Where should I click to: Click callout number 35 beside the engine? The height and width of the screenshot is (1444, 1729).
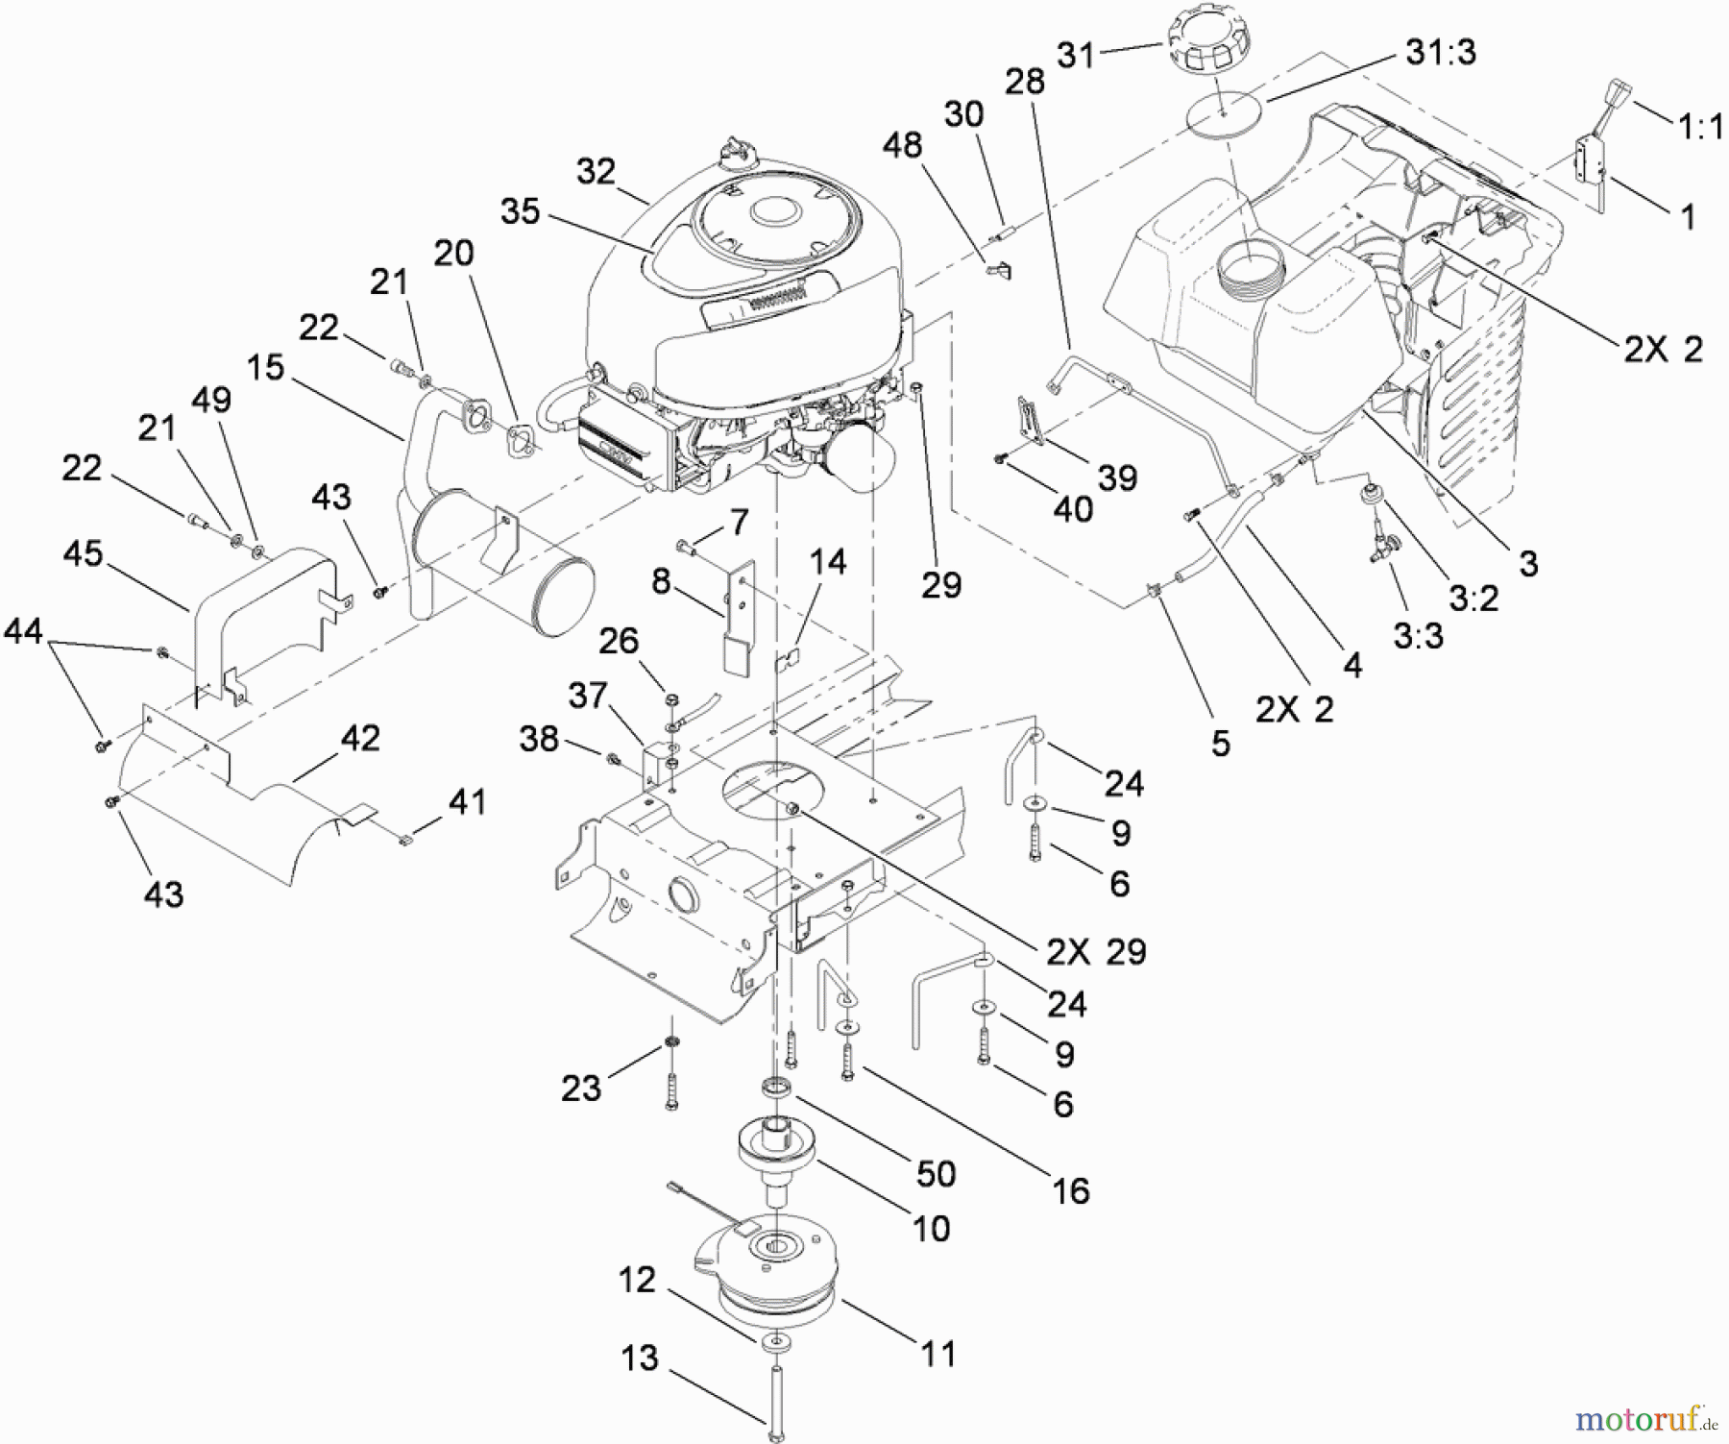click(520, 212)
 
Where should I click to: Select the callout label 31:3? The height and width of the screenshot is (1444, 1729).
click(1440, 53)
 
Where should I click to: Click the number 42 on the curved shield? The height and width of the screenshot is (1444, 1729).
click(360, 739)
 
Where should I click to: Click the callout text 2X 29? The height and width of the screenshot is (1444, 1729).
click(1096, 951)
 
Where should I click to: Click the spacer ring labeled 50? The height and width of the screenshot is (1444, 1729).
click(775, 1089)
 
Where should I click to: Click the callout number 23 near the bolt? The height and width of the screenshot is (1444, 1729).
click(581, 1088)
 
